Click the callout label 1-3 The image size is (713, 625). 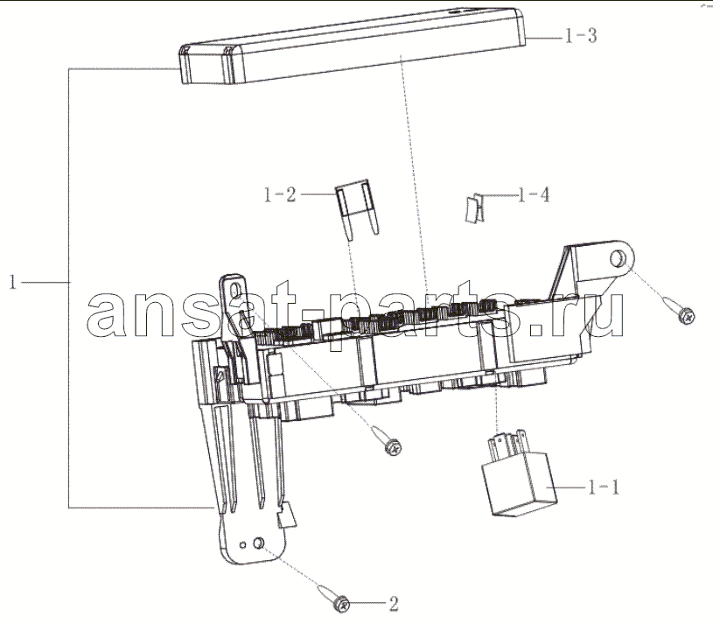[x=581, y=36]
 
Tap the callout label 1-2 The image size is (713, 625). [x=280, y=194]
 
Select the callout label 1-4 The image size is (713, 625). [x=534, y=195]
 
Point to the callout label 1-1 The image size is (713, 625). [x=604, y=488]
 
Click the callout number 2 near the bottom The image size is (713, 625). [x=394, y=604]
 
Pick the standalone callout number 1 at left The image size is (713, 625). [x=13, y=282]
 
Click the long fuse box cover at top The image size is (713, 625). [x=353, y=46]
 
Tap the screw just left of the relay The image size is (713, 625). [x=387, y=439]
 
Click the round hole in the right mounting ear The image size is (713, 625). [x=617, y=259]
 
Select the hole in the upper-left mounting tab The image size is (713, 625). [x=235, y=291]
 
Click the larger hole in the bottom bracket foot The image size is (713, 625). [x=259, y=542]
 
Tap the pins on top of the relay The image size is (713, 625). [x=507, y=443]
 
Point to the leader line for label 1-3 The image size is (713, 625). [x=545, y=39]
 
